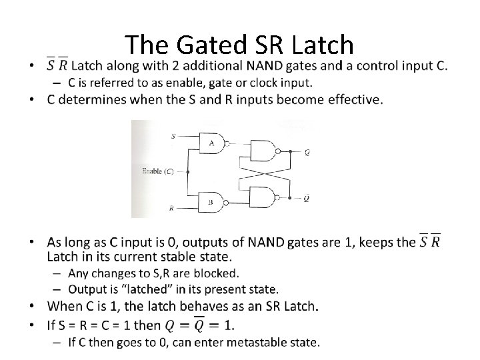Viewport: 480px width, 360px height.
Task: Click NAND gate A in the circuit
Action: pos(212,143)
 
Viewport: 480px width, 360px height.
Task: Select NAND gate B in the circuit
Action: pos(212,201)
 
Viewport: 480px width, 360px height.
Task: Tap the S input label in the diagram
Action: pos(173,136)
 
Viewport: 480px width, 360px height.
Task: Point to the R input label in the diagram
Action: pos(172,208)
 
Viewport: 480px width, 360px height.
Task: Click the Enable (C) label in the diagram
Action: pos(159,171)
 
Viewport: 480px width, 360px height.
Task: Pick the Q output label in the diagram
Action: pos(307,152)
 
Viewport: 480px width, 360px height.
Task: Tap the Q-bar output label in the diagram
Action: pos(307,197)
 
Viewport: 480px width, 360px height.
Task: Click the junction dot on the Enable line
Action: pos(187,171)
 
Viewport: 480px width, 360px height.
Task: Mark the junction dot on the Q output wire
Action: pos(292,152)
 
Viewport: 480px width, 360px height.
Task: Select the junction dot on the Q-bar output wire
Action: pos(292,197)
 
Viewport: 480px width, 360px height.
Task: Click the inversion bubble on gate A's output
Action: pos(228,143)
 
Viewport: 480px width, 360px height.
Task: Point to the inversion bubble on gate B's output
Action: pos(228,201)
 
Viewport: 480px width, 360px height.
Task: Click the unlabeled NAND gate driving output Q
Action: pos(263,152)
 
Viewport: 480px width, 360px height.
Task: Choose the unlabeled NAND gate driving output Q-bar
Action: pos(263,197)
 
